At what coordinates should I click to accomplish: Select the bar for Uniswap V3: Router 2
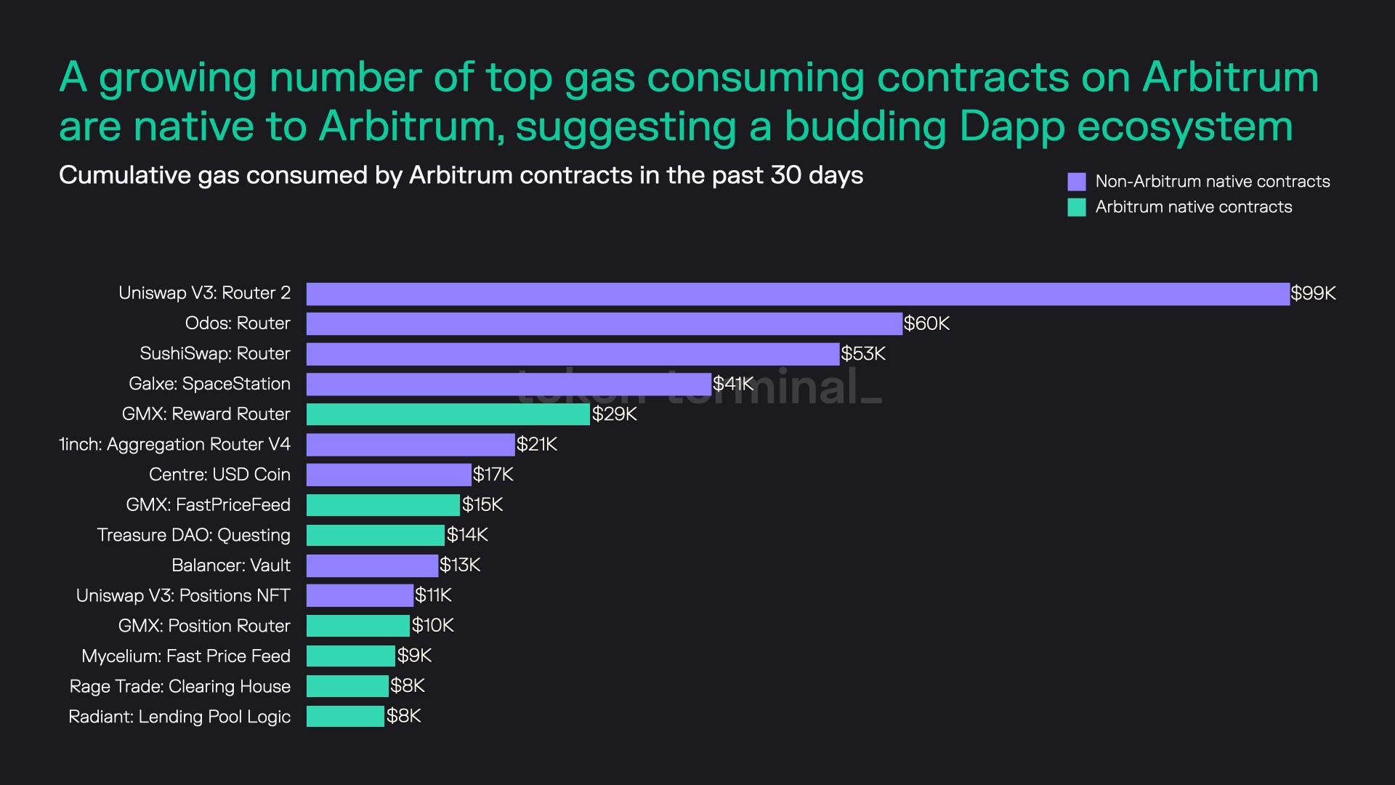pyautogui.click(x=798, y=294)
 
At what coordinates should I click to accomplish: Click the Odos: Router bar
pyautogui.click(x=604, y=323)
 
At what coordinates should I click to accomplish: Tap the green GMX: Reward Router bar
pyautogui.click(x=448, y=414)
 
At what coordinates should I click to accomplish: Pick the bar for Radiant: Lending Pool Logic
pyautogui.click(x=345, y=716)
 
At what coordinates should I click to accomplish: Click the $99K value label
pyautogui.click(x=1313, y=294)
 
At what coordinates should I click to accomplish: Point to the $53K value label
pyautogui.click(x=863, y=354)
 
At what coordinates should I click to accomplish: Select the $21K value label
pyautogui.click(x=537, y=444)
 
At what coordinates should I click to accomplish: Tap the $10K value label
pyautogui.click(x=433, y=625)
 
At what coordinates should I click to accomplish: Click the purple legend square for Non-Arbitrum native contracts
pyautogui.click(x=1076, y=182)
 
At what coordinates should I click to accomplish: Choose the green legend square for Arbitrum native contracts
pyautogui.click(x=1076, y=207)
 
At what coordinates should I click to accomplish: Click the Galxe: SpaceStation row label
pyautogui.click(x=209, y=384)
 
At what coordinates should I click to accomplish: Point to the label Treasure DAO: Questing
pyautogui.click(x=194, y=535)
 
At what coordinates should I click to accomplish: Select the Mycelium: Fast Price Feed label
pyautogui.click(x=186, y=656)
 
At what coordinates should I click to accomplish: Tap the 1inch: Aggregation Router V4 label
pyautogui.click(x=174, y=444)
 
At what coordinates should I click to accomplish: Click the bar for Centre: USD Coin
pyautogui.click(x=389, y=475)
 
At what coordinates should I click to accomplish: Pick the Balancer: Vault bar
pyautogui.click(x=372, y=565)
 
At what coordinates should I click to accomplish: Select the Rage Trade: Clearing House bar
pyautogui.click(x=347, y=686)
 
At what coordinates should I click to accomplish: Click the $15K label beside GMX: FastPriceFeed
pyautogui.click(x=482, y=504)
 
